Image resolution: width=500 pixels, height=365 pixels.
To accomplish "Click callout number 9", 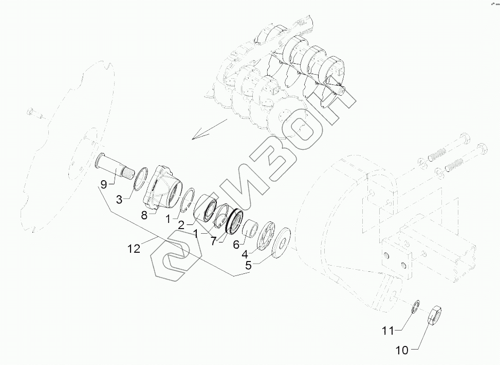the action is [x=103, y=184].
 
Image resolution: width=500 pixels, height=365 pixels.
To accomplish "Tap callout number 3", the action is [x=119, y=199].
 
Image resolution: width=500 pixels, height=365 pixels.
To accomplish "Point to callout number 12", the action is [x=134, y=249].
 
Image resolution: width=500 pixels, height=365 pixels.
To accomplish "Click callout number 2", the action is [x=181, y=225].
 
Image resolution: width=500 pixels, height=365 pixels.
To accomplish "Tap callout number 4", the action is [x=245, y=254].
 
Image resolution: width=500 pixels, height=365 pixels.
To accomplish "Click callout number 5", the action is [x=248, y=266].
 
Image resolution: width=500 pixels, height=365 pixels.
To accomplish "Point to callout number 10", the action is [x=401, y=351].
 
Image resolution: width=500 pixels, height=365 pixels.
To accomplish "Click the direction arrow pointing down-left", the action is [x=208, y=129].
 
